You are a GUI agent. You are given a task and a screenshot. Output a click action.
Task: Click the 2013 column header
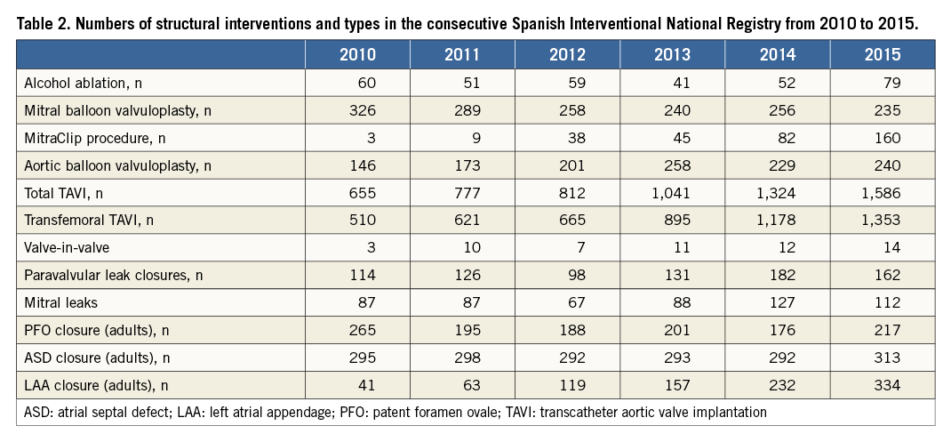pos(672,54)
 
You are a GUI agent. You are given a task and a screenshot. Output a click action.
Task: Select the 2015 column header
pos(882,54)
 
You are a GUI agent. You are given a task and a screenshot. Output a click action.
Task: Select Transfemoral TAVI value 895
pos(675,221)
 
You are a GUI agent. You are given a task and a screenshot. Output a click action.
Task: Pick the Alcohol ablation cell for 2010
pos(367,83)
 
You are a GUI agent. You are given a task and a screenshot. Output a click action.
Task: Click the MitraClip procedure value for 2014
pos(779,138)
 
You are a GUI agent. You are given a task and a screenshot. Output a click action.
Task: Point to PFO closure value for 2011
pos(465,330)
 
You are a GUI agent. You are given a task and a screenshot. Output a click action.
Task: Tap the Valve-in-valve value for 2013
pos(682,247)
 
